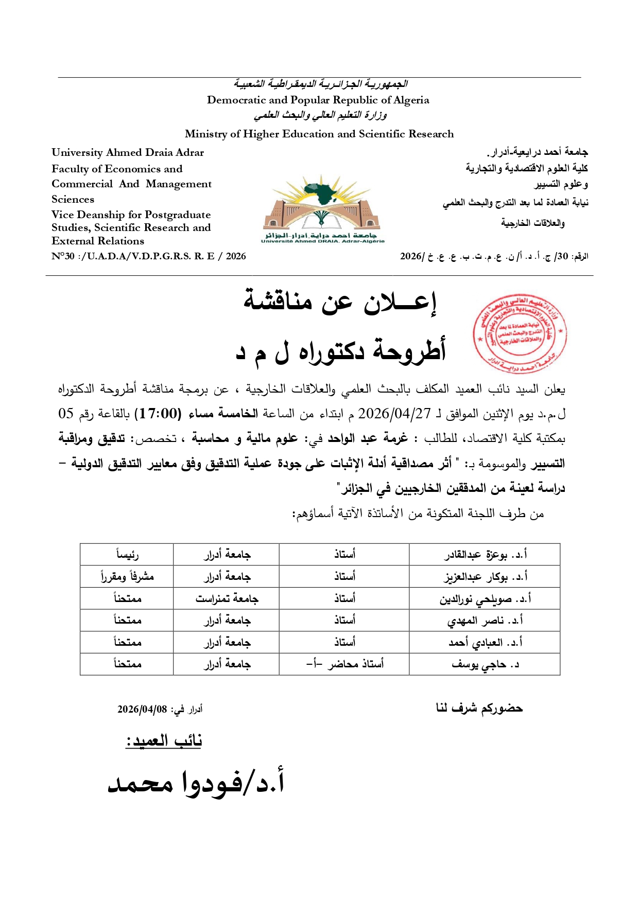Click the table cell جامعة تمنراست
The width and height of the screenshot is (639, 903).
coord(227,598)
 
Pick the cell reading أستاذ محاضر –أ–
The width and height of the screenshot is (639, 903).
coord(344,664)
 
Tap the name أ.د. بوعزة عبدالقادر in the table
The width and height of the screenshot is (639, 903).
coord(486,554)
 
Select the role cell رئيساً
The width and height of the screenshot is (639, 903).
coord(127,554)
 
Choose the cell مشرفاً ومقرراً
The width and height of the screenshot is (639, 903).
coord(127,576)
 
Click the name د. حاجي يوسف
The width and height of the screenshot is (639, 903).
coord(485,664)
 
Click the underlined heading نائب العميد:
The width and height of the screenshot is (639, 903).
coord(164,741)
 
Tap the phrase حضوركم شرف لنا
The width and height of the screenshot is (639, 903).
coord(479,709)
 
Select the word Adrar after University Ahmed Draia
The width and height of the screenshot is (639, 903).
coord(190,152)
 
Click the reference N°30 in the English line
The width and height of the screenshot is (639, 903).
coord(63,256)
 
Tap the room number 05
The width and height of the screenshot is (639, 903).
coord(66,414)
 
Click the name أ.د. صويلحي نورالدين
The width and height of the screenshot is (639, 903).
coord(485,598)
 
